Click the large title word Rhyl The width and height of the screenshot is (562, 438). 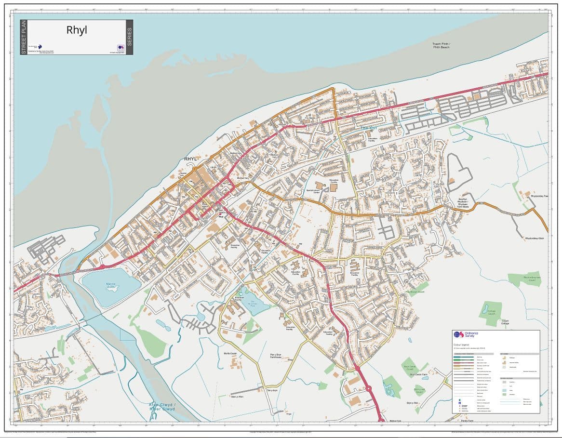77,30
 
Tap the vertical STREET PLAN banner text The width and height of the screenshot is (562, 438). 24,37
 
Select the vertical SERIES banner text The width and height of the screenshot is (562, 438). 129,37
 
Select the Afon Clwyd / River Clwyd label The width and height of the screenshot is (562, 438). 162,407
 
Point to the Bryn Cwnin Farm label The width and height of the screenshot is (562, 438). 419,374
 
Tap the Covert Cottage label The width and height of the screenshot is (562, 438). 505,322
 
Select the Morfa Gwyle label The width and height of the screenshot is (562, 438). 230,353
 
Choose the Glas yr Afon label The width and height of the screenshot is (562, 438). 237,396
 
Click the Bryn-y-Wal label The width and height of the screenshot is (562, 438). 413,402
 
